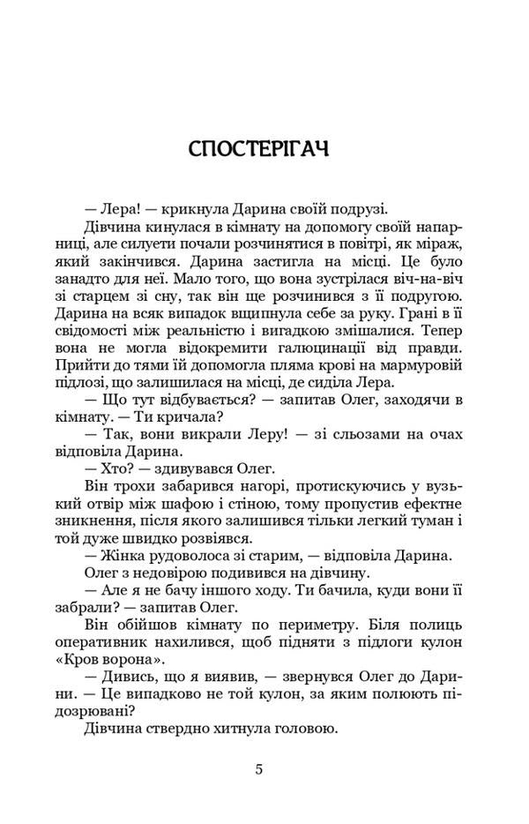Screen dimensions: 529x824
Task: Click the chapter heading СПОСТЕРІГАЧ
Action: (x=258, y=147)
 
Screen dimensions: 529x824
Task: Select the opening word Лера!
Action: (x=115, y=208)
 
